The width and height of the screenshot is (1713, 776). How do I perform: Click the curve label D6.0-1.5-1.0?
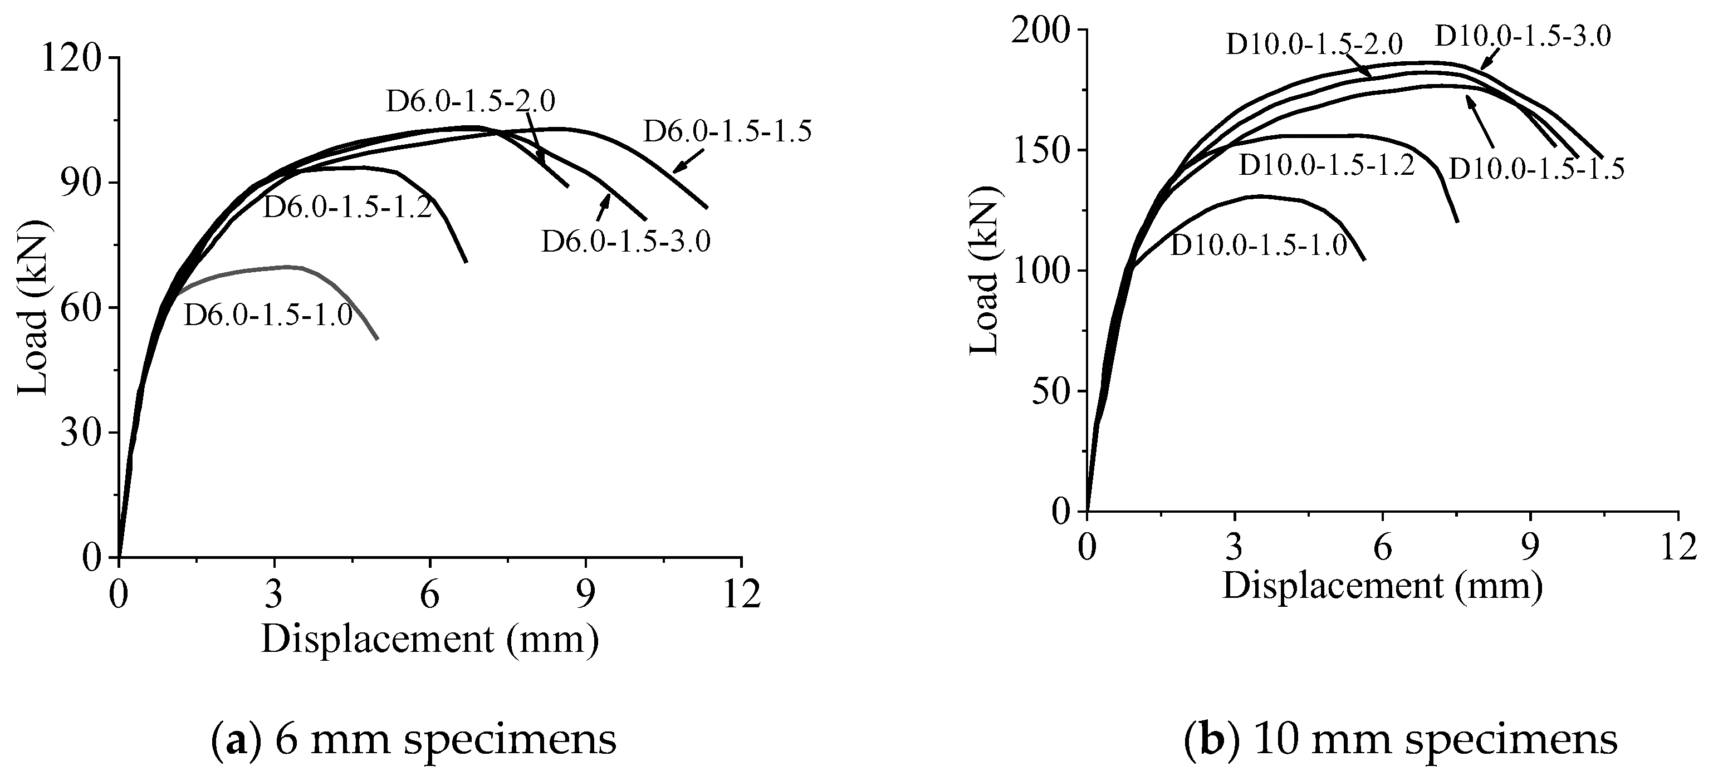267,315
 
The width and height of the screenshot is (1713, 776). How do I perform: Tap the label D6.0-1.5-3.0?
626,240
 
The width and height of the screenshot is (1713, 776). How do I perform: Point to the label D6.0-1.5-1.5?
727,132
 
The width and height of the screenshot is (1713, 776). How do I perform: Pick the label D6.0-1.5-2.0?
470,101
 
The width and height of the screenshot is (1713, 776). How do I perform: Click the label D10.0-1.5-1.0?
1258,245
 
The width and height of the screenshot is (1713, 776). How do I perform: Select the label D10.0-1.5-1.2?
1327,165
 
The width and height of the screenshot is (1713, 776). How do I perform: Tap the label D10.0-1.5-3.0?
1523,36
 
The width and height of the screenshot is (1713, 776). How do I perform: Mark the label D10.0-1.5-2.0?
1314,44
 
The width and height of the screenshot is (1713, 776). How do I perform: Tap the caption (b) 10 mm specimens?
1401,740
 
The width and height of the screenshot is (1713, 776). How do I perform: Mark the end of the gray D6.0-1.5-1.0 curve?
377,339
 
